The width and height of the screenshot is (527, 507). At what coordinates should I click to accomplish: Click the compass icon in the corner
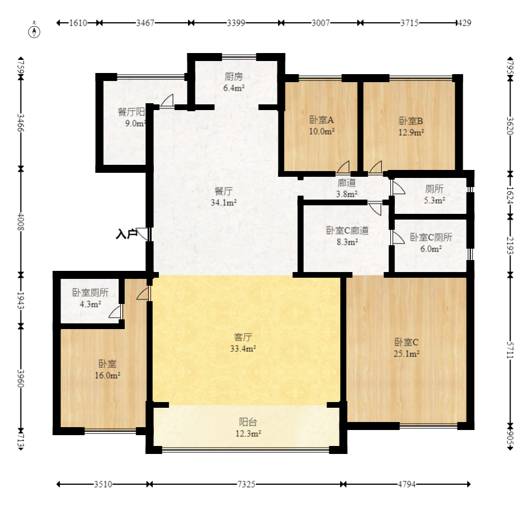point(34,30)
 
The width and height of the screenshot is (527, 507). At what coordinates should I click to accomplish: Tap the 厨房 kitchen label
point(234,77)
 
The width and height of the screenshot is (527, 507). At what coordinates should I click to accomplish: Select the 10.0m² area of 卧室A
point(322,131)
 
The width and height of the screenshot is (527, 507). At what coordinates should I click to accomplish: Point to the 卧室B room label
point(411,121)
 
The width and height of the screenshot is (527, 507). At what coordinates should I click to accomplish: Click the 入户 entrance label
point(126,234)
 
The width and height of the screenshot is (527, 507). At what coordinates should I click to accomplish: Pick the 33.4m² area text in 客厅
point(243,348)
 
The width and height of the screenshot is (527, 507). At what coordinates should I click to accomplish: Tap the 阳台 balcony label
point(248,422)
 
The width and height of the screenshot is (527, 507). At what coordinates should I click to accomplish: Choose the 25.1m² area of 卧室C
point(406,354)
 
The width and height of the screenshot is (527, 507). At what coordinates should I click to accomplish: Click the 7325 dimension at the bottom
point(246,484)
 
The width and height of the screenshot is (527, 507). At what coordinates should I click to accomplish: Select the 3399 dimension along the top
point(236,23)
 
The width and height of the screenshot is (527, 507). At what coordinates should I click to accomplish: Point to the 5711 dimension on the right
point(510,351)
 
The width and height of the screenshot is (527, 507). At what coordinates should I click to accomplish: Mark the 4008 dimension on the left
point(21,221)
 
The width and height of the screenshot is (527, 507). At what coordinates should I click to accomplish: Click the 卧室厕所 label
point(91,293)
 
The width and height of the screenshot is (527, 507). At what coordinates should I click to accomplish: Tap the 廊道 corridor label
point(346,182)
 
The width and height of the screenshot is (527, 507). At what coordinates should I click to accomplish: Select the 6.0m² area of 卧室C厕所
point(431,249)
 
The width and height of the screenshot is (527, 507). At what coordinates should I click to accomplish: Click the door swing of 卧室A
point(343,167)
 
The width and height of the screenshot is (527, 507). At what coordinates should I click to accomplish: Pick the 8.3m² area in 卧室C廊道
point(347,242)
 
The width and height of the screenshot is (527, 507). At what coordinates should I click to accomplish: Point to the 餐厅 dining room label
point(223,191)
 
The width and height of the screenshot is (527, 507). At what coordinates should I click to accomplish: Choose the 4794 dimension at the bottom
point(407,484)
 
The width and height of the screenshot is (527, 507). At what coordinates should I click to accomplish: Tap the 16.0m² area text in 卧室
point(108,375)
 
